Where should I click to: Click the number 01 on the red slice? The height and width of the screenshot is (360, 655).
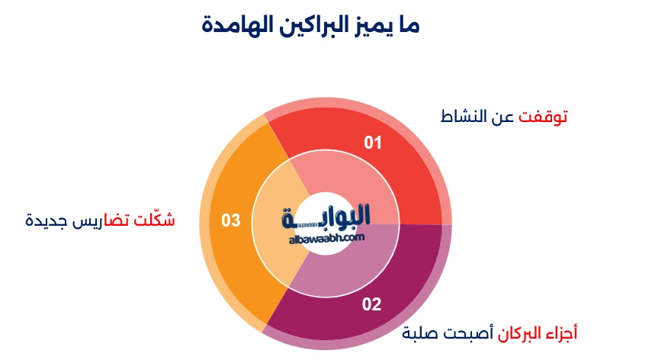(372, 143)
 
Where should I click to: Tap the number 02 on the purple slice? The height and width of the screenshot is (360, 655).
(371, 305)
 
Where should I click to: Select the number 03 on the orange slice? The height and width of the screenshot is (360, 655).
(231, 221)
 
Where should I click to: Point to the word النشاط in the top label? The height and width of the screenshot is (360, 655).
(467, 117)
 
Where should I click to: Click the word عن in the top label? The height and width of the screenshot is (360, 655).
(505, 117)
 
